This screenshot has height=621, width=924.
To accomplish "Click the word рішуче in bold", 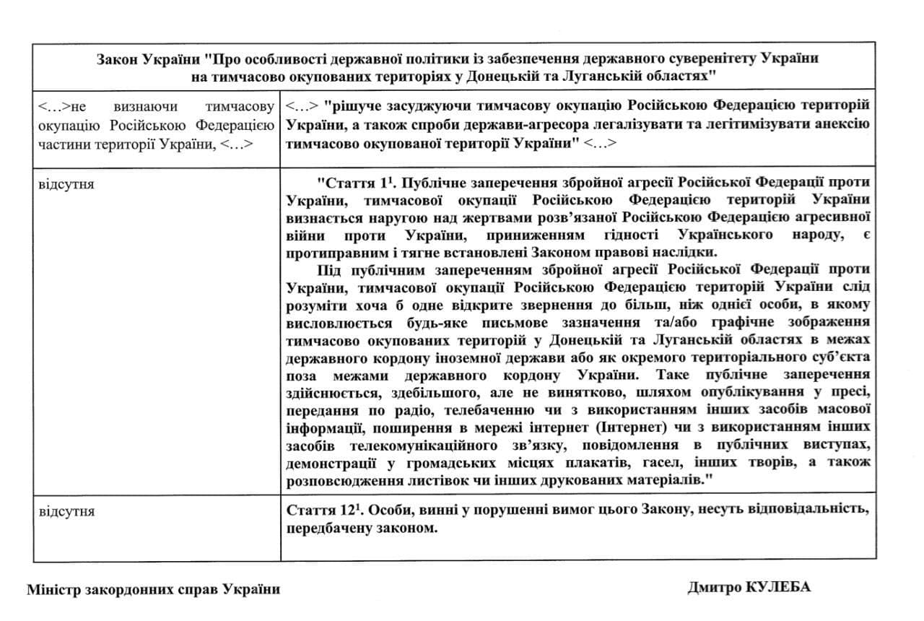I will (353, 107).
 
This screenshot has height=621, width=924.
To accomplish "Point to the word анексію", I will (842, 123).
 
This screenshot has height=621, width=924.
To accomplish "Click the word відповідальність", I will (801, 510).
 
